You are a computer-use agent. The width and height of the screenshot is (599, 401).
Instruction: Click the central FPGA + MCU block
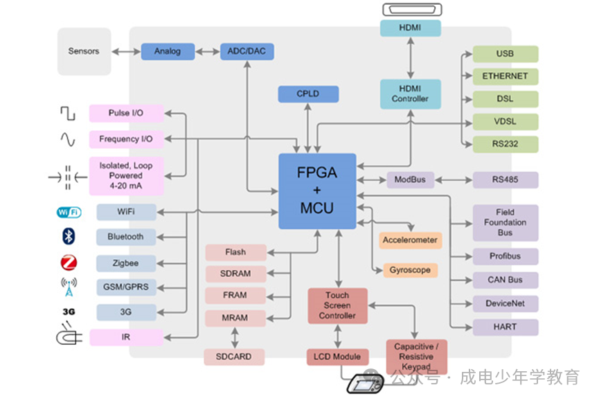coord(316,191)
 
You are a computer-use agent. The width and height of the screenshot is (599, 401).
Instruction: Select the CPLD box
coord(308,94)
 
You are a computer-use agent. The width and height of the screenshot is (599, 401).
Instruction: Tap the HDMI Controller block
coord(410,93)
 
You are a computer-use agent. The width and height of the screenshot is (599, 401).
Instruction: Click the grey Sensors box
coord(84,51)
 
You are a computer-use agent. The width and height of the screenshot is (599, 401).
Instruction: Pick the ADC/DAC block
coord(247,51)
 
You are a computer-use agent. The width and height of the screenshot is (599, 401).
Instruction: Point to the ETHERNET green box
coord(505,76)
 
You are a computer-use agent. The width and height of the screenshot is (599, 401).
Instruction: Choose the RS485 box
coord(505,180)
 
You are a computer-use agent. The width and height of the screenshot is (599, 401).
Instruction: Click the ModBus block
coord(410,180)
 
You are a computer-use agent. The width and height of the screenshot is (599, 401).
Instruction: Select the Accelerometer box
coord(410,240)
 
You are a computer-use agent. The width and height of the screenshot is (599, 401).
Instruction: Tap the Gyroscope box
coord(410,270)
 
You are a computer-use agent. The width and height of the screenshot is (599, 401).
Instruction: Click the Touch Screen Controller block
coord(337,305)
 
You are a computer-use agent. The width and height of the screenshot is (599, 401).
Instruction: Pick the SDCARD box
coord(235,357)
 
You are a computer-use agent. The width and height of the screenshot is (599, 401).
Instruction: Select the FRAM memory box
coord(235,295)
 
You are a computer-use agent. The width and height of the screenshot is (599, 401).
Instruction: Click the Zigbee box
coord(125,263)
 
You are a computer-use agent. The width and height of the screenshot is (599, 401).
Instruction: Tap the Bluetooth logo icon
coord(68,236)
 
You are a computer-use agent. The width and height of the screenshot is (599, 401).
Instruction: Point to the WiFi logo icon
coord(68,212)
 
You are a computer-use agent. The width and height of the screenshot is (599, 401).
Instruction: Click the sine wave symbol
coord(67,139)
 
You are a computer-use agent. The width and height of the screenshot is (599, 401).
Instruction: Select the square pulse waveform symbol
coord(67,113)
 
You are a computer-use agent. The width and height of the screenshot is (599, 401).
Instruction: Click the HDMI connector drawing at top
coord(410,9)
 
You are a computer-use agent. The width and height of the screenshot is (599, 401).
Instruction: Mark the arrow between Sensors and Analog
coord(126,51)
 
